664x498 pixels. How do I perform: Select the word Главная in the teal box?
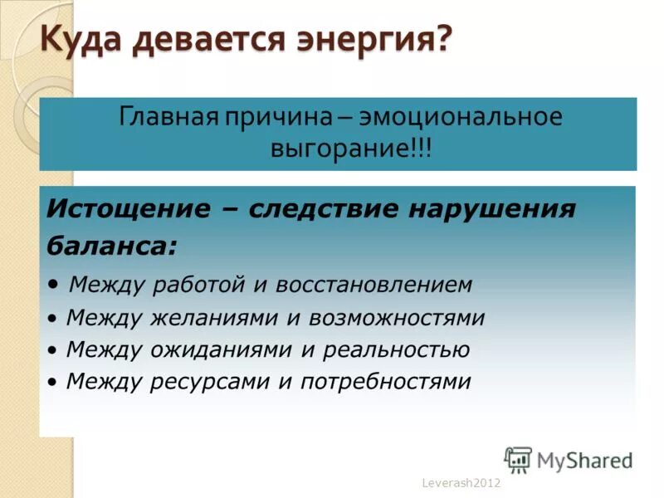(x=166, y=116)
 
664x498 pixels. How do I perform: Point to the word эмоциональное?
(x=473, y=116)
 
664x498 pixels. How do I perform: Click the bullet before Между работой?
(x=53, y=285)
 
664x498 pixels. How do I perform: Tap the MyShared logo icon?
(x=518, y=459)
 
